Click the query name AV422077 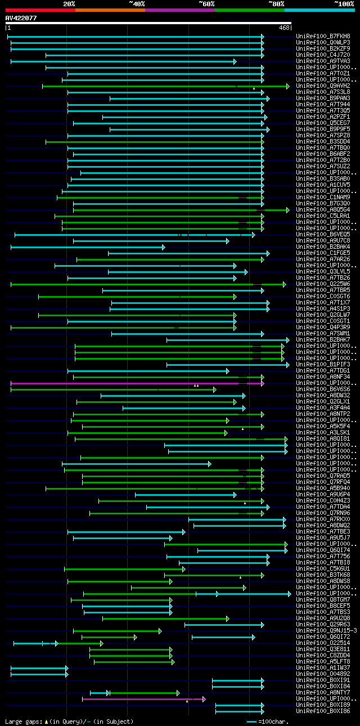tap(21, 18)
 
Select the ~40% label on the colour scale tap(137, 4)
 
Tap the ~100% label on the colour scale tap(344, 4)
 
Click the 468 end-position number tap(285, 28)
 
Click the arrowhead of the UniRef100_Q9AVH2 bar tap(288, 86)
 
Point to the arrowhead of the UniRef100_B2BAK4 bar tap(164, 247)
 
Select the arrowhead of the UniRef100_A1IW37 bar tap(67, 668)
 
